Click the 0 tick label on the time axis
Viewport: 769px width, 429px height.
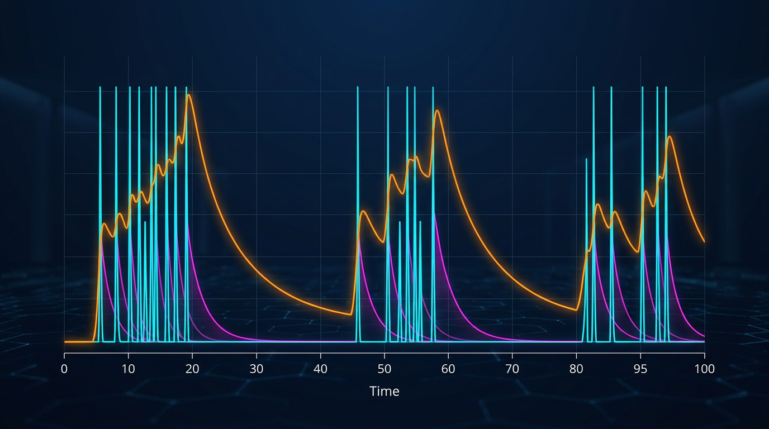click(64, 369)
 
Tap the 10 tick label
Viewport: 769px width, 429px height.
click(129, 369)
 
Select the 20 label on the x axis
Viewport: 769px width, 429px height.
click(192, 369)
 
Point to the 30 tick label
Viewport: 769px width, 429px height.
click(257, 369)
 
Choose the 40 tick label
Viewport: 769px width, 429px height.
click(320, 369)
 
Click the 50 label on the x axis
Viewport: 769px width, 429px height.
click(385, 369)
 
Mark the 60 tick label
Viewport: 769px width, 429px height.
click(448, 369)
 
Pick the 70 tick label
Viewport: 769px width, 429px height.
click(512, 369)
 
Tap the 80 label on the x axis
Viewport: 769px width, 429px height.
click(576, 369)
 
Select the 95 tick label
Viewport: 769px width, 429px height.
click(640, 369)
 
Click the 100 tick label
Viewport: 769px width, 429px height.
click(704, 369)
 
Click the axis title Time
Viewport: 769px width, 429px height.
click(385, 391)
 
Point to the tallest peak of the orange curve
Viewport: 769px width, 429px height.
click(189, 95)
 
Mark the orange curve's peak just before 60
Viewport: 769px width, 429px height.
click(437, 111)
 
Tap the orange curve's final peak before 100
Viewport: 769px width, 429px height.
click(669, 136)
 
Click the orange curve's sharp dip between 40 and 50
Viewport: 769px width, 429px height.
click(351, 314)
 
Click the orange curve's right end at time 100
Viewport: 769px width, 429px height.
click(704, 241)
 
